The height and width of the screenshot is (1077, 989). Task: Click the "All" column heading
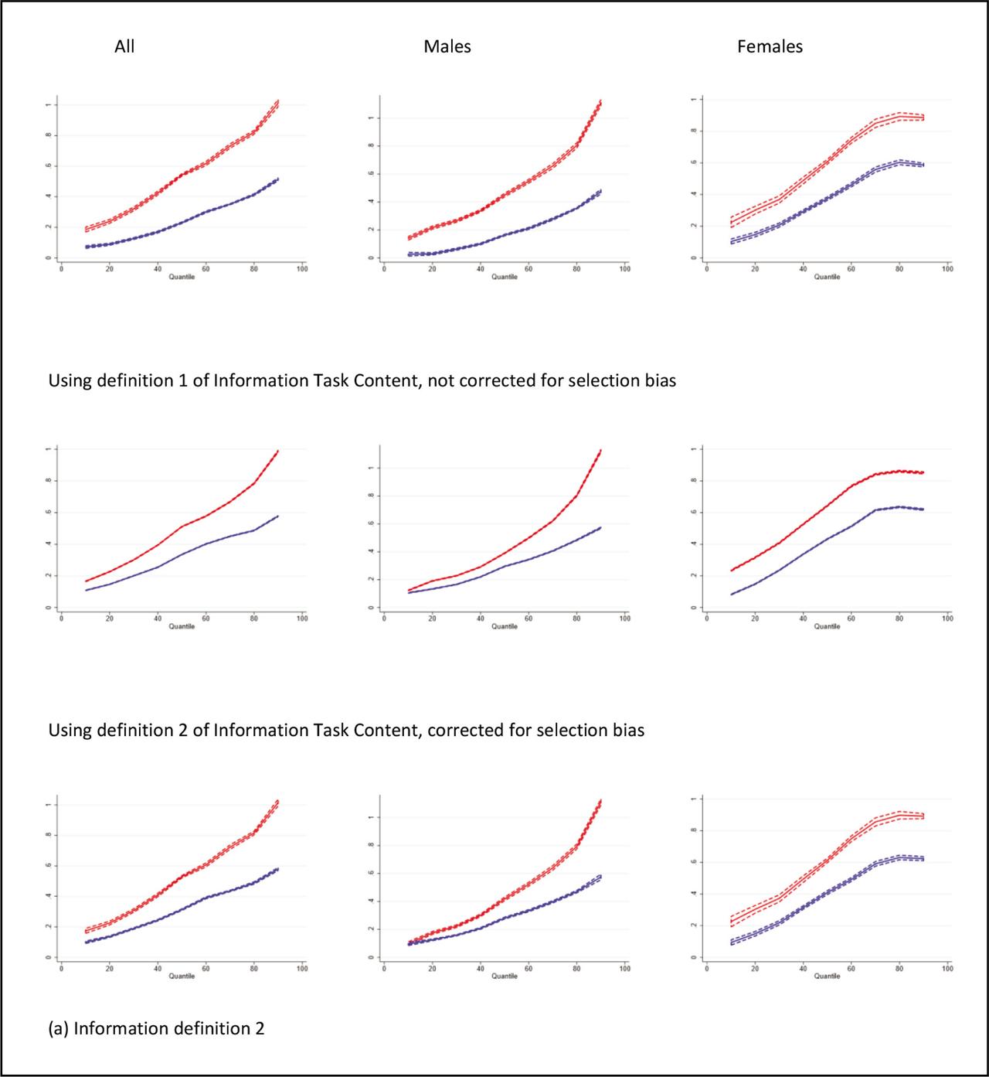pos(124,46)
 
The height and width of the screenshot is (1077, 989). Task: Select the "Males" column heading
pos(447,46)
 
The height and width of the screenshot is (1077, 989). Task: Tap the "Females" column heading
pos(770,46)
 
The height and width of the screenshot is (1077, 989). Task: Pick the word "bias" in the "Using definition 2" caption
pos(627,730)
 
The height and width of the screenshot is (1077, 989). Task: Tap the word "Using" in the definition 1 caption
pos(70,380)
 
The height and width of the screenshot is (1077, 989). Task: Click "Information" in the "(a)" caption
pos(120,1028)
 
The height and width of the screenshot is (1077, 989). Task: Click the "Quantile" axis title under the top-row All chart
pos(182,277)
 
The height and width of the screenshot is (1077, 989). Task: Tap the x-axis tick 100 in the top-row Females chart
pos(947,269)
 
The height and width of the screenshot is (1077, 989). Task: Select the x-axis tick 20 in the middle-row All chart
pos(109,619)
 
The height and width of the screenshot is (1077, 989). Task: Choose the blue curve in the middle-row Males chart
pos(528,558)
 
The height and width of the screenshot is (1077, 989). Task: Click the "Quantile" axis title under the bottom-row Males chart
pos(505,976)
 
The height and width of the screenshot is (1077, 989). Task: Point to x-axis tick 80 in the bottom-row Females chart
pos(899,968)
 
